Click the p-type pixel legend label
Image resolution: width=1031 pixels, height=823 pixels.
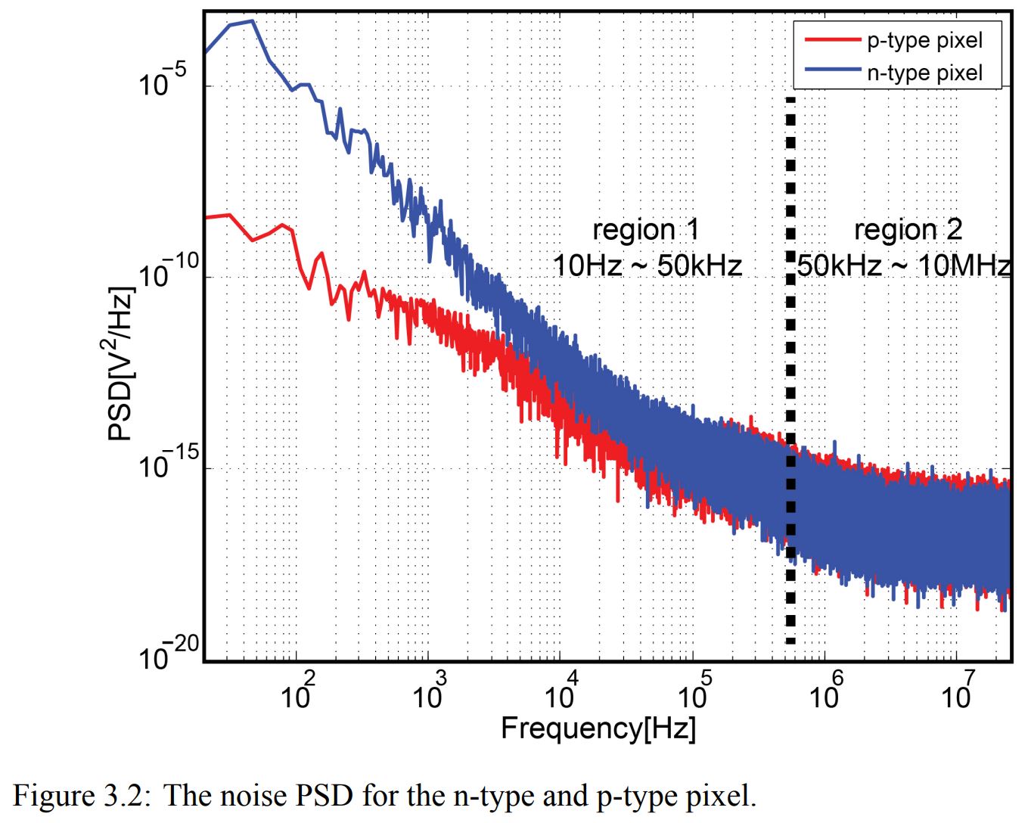pos(924,40)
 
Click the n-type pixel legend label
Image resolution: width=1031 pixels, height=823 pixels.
pos(924,73)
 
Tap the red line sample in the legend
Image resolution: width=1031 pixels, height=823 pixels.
pos(832,39)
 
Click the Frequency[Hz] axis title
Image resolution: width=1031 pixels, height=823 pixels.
pos(598,728)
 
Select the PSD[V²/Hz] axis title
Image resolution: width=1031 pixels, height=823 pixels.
pos(120,363)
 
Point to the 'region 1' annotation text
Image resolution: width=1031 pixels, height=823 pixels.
pos(645,229)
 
